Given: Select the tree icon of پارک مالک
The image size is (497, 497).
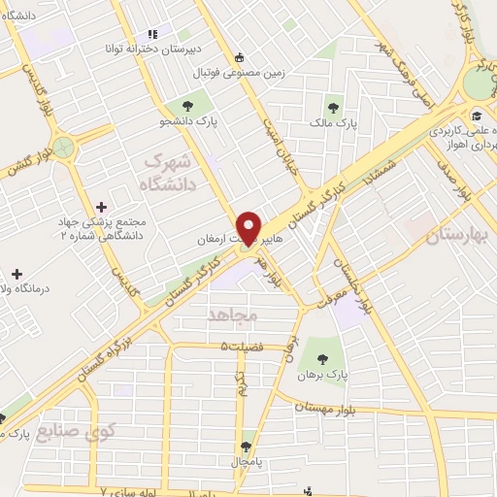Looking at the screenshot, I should click(334, 108).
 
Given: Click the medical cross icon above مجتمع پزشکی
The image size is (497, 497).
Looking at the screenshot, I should click(102, 206).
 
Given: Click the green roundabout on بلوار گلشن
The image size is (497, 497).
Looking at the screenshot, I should click(64, 148).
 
